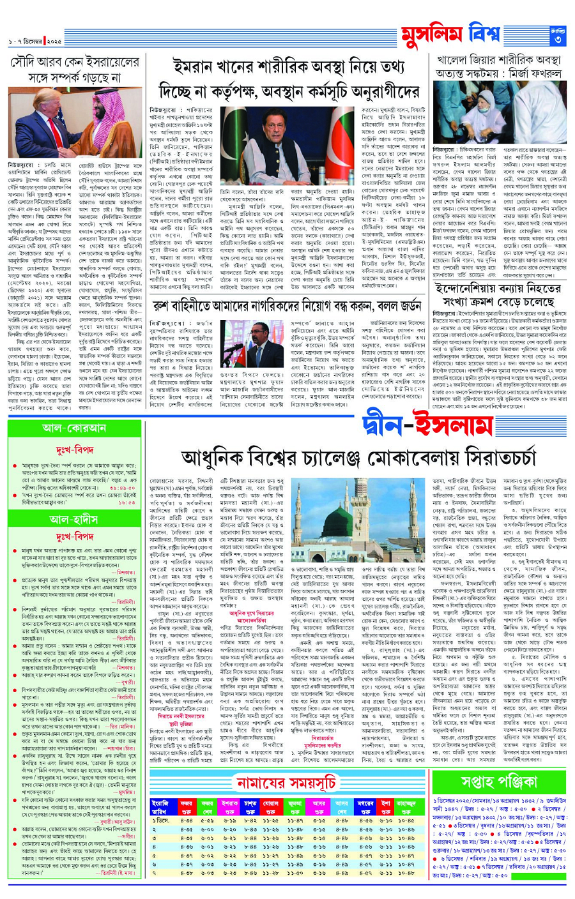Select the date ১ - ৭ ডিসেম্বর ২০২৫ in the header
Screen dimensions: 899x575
(x=35, y=42)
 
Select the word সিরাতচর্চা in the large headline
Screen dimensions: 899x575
(x=473, y=458)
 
